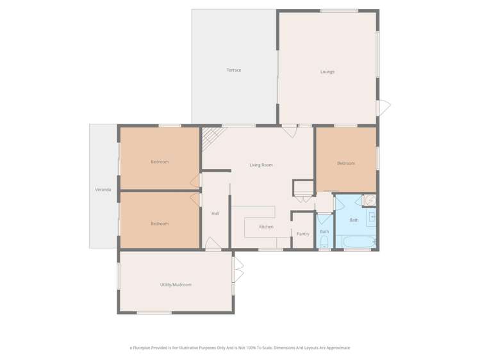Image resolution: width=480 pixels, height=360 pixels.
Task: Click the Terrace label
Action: [233, 70]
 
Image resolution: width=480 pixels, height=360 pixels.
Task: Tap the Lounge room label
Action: [327, 72]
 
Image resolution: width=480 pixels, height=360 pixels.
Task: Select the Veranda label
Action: [103, 190]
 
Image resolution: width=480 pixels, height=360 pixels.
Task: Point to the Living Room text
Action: [261, 165]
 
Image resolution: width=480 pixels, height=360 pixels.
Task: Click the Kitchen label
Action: [266, 227]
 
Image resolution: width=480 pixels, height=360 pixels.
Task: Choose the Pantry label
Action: [303, 234]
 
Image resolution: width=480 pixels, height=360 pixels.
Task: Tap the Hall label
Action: [215, 213]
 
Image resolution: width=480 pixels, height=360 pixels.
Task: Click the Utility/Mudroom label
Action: [176, 284]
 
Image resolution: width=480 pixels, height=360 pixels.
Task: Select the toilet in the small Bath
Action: [324, 241]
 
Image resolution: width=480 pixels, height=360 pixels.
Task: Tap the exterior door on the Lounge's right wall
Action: [383, 108]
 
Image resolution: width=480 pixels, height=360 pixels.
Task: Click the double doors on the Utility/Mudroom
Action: [238, 270]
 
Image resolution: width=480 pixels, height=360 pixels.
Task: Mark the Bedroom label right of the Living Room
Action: [346, 163]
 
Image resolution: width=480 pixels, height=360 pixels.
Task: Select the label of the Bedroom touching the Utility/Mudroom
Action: [160, 224]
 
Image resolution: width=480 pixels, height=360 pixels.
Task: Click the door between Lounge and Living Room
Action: [289, 131]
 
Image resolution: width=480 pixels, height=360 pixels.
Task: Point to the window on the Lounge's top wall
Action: [339, 10]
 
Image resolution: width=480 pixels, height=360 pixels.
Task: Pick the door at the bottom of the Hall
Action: [212, 243]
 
